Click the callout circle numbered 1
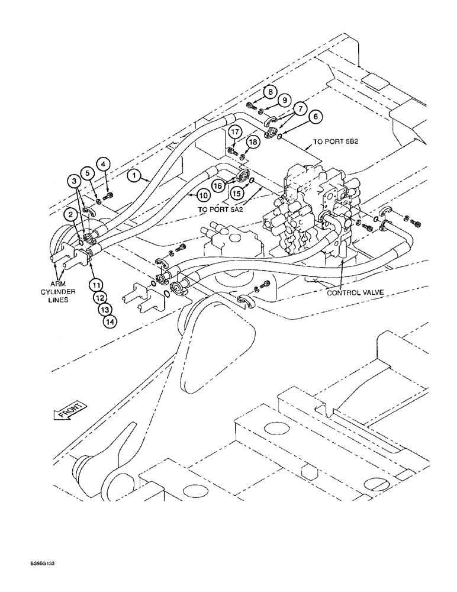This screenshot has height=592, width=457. coord(134,176)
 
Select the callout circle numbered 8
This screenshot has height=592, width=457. coord(269,92)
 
